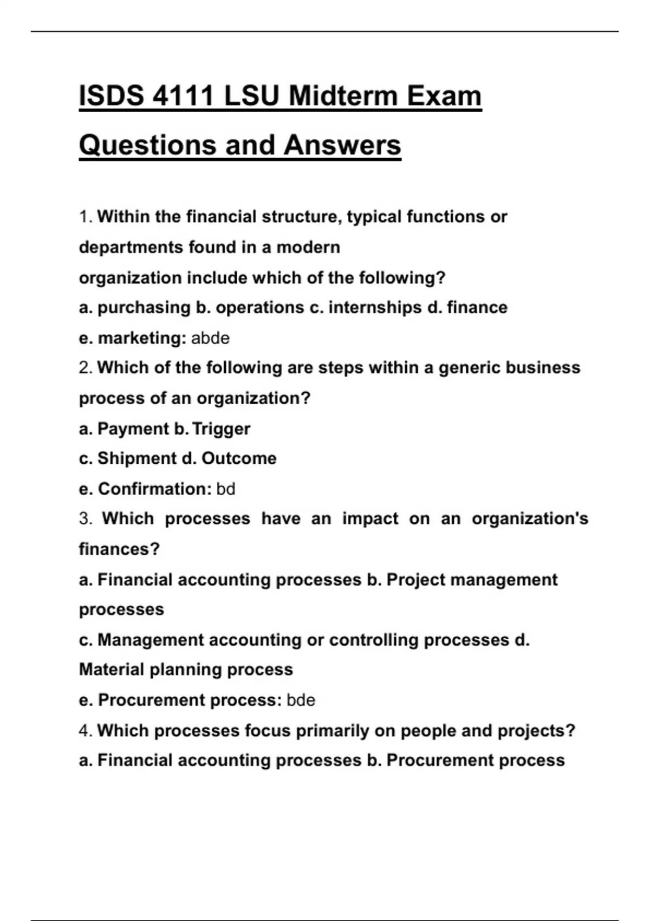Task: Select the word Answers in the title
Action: pyautogui.click(x=342, y=145)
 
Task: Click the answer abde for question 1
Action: pyautogui.click(x=210, y=338)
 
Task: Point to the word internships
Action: pyautogui.click(x=375, y=308)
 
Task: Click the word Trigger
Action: pyautogui.click(x=221, y=429)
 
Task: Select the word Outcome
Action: pyautogui.click(x=239, y=458)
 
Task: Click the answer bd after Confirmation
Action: pyautogui.click(x=226, y=489)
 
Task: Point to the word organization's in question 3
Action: pyautogui.click(x=529, y=518)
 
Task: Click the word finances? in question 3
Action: pyautogui.click(x=119, y=549)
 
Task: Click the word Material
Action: pyautogui.click(x=112, y=670)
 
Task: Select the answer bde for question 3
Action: pyautogui.click(x=301, y=700)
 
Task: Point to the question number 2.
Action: pyautogui.click(x=84, y=368)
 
